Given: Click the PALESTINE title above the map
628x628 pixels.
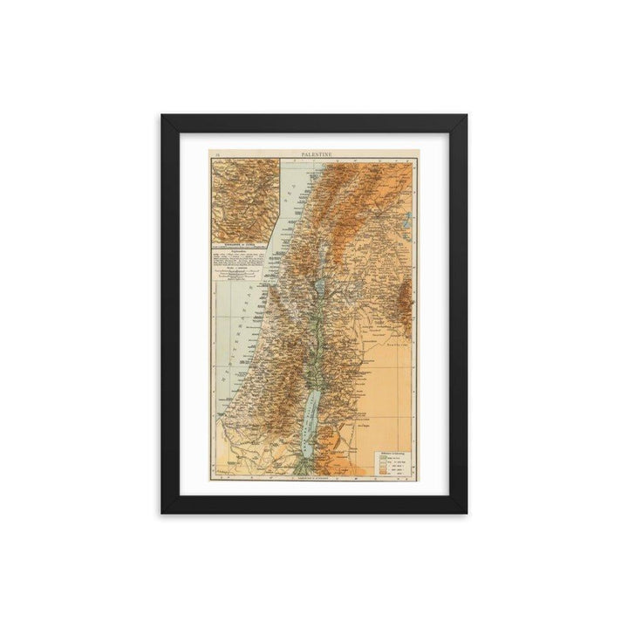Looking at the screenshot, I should coord(314,154).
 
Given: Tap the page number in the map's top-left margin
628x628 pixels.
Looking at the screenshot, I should coord(217,154).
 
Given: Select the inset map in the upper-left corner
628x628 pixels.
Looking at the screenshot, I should coord(242,198).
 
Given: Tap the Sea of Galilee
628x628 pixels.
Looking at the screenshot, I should coord(320,281).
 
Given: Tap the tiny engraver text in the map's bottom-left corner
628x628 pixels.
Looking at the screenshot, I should coord(220,476).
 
